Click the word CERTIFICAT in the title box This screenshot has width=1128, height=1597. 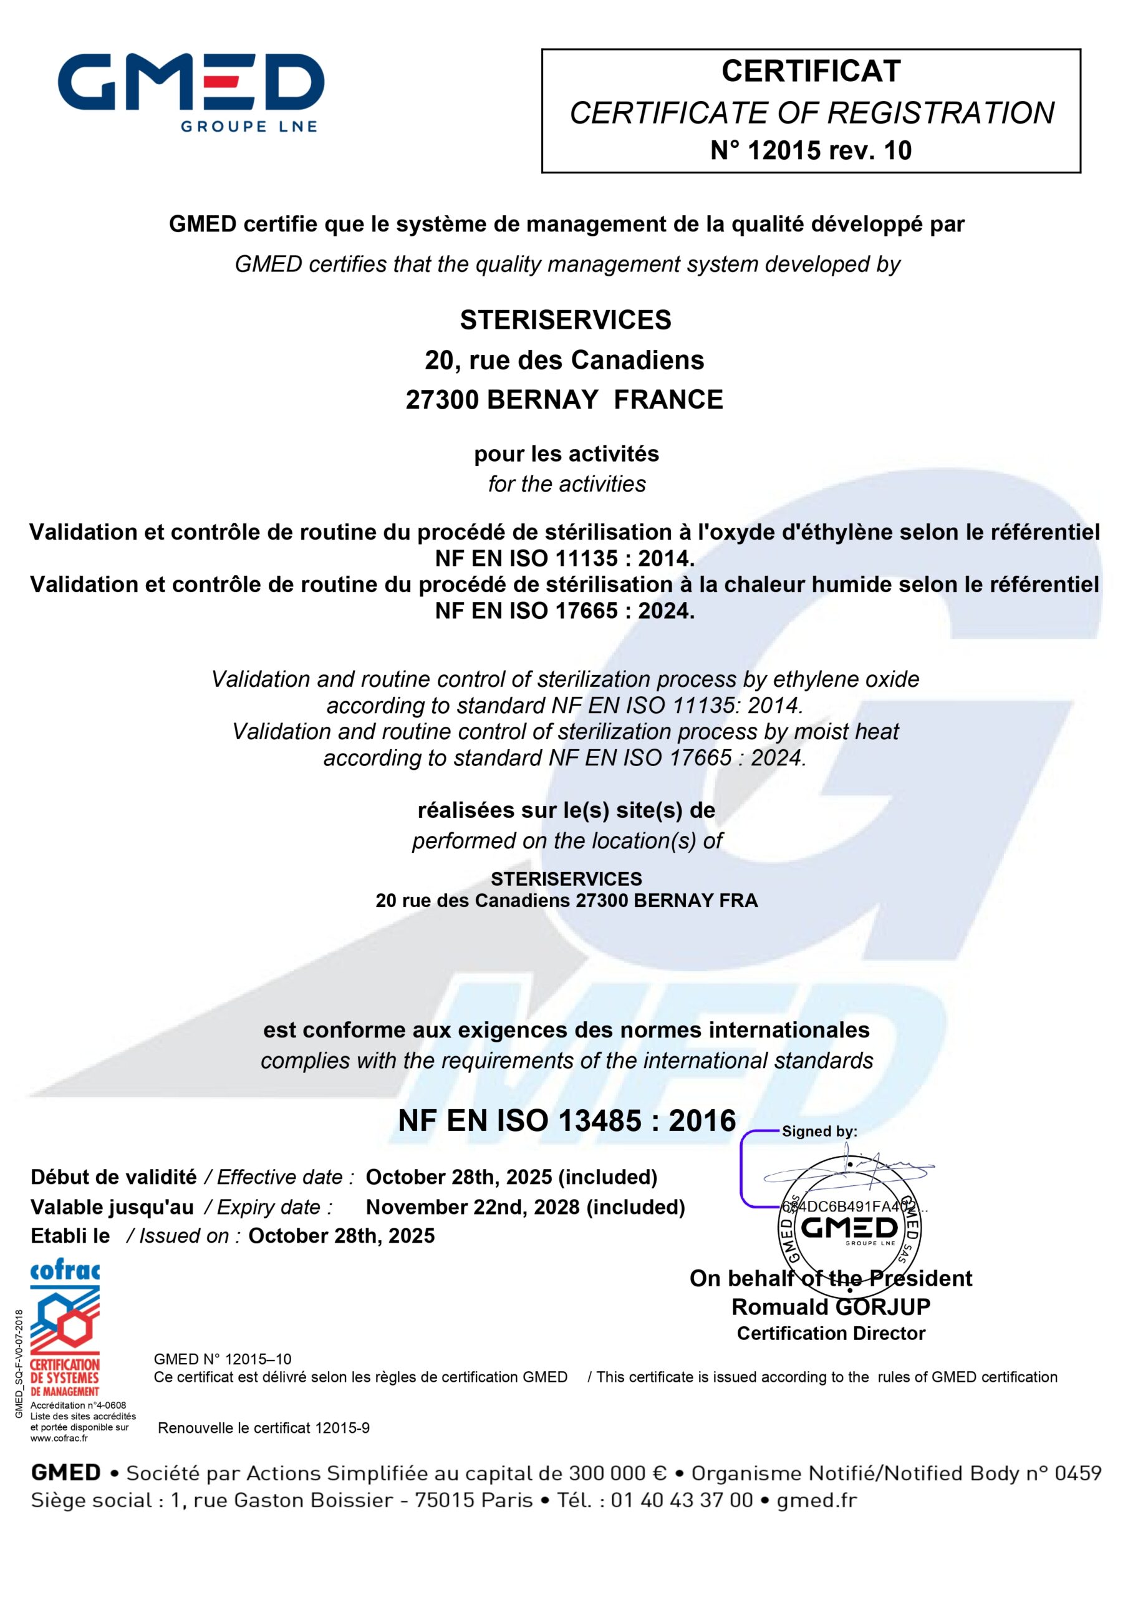coord(810,71)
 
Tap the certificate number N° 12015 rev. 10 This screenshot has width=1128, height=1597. coord(810,150)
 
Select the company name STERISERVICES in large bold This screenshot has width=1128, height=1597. coord(565,320)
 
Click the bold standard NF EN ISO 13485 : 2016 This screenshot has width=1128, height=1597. coord(567,1120)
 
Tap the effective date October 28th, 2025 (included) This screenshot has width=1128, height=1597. coord(511,1177)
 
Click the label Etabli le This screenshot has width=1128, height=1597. coord(70,1236)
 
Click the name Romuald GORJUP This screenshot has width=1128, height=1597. coord(831,1307)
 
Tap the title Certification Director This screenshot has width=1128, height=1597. coord(831,1333)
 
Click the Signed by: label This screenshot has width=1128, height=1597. coord(819,1132)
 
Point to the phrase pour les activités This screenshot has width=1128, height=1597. coord(566,454)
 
